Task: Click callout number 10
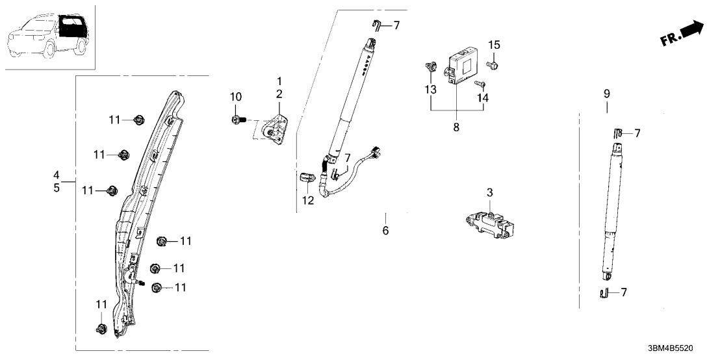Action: click(x=236, y=97)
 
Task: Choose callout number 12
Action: click(x=308, y=200)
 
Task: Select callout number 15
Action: click(x=495, y=45)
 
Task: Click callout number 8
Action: click(x=456, y=127)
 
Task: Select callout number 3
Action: click(x=490, y=192)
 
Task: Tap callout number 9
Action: click(x=606, y=94)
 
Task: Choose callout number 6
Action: click(x=385, y=231)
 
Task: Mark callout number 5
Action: click(x=57, y=188)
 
